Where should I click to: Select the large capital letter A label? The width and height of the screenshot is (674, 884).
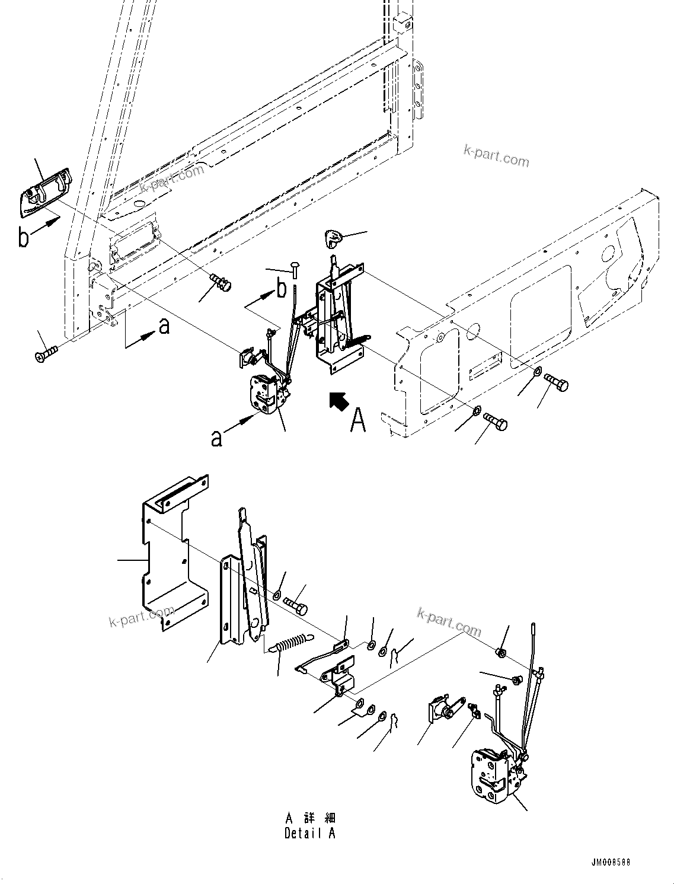tap(358, 420)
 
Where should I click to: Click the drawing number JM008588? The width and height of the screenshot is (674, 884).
tap(609, 862)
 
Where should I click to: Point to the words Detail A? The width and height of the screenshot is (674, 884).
tap(309, 833)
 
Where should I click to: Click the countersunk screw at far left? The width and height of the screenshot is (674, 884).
tap(46, 354)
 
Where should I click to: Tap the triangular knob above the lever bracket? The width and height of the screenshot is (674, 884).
tap(333, 238)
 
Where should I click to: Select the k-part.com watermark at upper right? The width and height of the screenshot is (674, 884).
tap(496, 157)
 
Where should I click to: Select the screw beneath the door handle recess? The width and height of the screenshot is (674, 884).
tap(221, 282)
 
